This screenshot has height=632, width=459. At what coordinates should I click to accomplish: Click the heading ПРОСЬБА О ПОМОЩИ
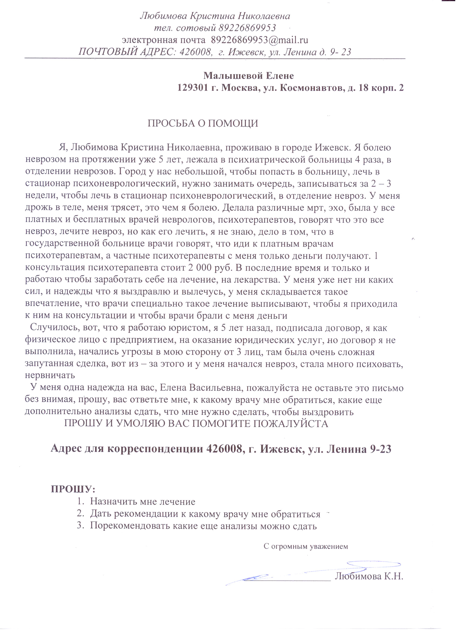[203, 123]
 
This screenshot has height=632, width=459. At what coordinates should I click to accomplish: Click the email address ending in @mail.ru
[259, 40]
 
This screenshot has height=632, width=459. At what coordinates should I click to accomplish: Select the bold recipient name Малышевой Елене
[249, 75]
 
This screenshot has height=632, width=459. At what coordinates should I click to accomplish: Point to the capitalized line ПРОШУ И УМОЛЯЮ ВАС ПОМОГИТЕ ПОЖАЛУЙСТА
[196, 424]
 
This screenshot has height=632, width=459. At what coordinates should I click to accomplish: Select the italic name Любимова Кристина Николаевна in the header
[215, 16]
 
